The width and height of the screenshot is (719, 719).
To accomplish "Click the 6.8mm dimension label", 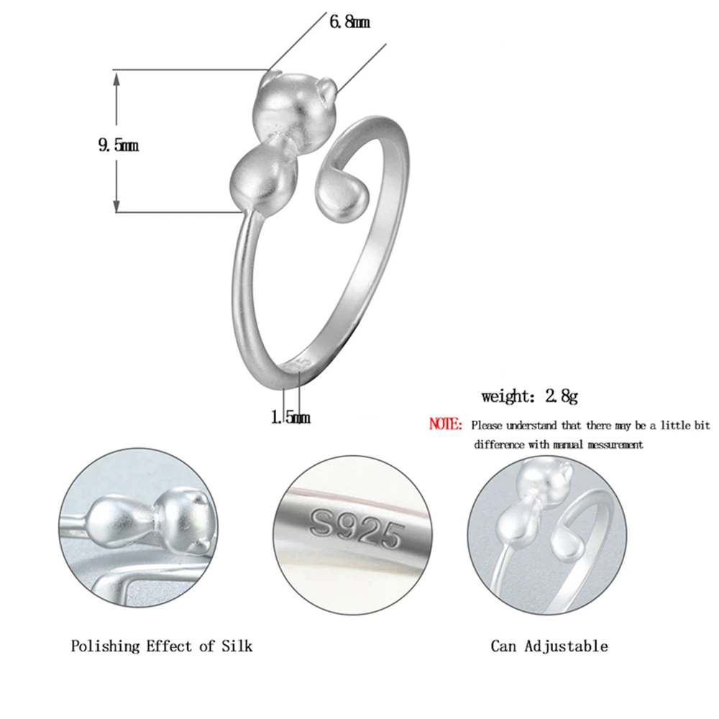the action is pyautogui.click(x=349, y=22).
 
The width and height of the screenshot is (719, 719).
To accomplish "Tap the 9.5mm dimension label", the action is pyautogui.click(x=119, y=145).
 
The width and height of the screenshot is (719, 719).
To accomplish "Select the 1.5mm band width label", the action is pyautogui.click(x=290, y=417).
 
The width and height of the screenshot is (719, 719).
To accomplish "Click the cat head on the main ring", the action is pyautogui.click(x=296, y=111).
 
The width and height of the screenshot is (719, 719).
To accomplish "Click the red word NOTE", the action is pyautogui.click(x=445, y=424).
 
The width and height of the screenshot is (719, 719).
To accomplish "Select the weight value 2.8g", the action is pyautogui.click(x=562, y=395).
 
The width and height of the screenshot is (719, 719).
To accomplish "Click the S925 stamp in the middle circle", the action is pyautogui.click(x=357, y=529).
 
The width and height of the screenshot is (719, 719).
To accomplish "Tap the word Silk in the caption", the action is pyautogui.click(x=237, y=646).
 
